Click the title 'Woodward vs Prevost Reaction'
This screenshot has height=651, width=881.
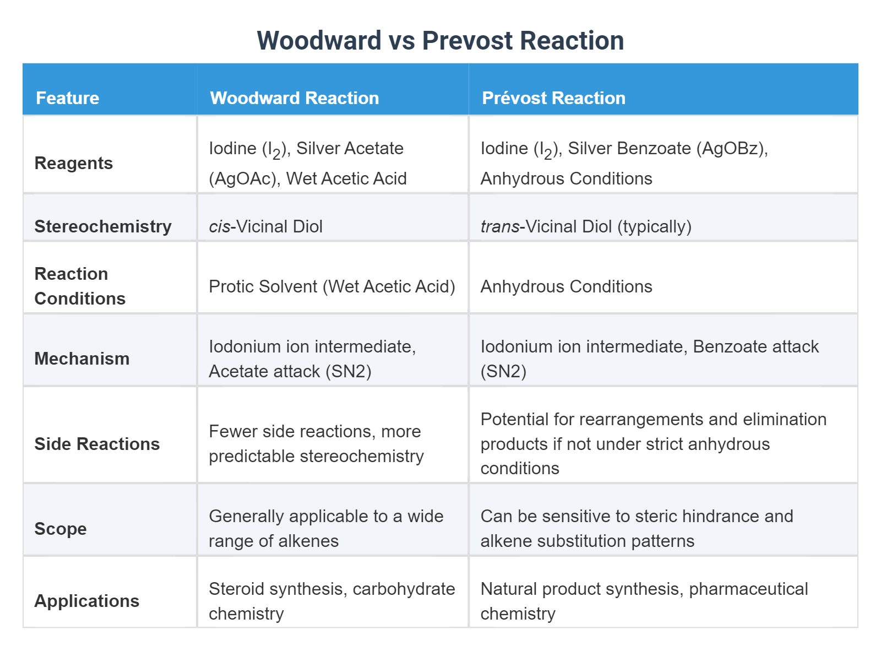click(x=440, y=41)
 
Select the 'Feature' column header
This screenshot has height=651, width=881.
click(x=67, y=98)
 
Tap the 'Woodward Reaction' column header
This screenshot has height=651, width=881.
click(x=294, y=98)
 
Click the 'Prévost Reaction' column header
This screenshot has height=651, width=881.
click(x=553, y=98)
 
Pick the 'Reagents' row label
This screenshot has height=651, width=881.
click(x=73, y=163)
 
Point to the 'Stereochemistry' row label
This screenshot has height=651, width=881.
click(x=103, y=226)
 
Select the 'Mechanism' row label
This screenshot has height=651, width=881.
click(x=81, y=359)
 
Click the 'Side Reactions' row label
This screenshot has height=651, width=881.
click(x=97, y=444)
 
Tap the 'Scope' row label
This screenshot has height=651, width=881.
click(x=61, y=529)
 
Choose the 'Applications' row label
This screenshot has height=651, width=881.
click(x=86, y=601)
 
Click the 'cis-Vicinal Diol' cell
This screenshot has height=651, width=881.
click(x=265, y=226)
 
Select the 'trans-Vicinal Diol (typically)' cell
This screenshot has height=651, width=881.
click(x=586, y=226)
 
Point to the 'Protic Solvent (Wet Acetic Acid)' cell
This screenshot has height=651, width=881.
click(x=331, y=286)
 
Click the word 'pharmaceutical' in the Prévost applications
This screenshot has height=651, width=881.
click(x=748, y=589)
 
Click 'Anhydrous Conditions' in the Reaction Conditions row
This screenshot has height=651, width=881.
click(x=566, y=286)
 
